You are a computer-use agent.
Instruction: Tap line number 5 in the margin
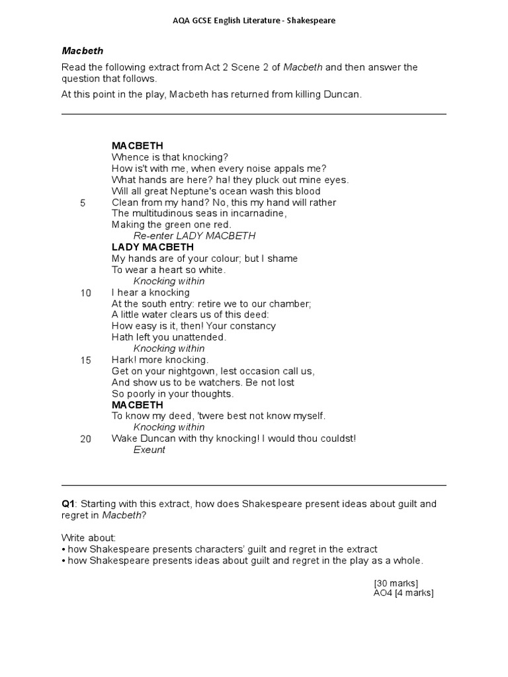point(83,203)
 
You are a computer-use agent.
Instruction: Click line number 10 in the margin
point(86,293)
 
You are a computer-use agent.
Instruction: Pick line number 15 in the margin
point(86,360)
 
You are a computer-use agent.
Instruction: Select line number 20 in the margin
point(86,439)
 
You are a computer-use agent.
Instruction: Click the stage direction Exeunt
point(149,450)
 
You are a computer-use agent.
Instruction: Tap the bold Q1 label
point(68,504)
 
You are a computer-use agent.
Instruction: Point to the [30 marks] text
point(396,582)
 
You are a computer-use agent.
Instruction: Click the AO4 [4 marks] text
point(403,593)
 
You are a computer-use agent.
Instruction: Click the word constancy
point(253,326)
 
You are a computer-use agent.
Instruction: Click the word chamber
point(289,303)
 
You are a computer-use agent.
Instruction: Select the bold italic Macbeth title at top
point(83,50)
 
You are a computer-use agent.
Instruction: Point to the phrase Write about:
point(89,538)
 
